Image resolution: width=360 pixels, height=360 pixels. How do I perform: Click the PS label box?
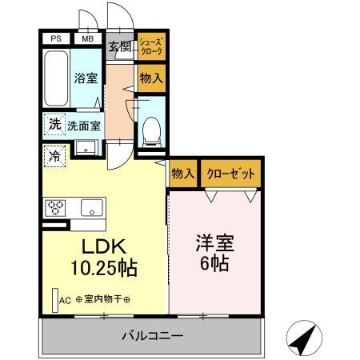[56, 38]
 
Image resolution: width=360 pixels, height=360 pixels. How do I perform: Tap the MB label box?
[86, 38]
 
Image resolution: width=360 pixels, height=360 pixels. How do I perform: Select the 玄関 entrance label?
[120, 46]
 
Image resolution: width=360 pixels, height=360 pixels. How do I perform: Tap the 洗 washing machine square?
[54, 124]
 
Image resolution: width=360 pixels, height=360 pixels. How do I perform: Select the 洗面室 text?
[83, 126]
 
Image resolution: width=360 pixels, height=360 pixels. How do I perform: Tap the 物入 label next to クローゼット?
[182, 173]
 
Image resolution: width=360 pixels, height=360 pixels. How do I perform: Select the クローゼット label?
[230, 173]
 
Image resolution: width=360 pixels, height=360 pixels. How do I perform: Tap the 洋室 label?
[214, 242]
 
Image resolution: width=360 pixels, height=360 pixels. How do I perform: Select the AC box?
[64, 301]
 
